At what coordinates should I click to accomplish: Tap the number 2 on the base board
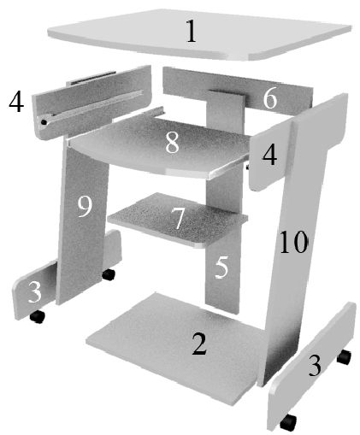click(198, 344)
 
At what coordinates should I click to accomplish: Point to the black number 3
click(316, 367)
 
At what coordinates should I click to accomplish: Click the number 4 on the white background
click(15, 103)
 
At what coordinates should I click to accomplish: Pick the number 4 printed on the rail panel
click(271, 157)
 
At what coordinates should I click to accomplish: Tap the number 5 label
click(221, 267)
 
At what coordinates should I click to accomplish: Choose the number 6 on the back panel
click(270, 99)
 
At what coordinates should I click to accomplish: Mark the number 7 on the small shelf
click(178, 219)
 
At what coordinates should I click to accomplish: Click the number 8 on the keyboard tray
click(172, 142)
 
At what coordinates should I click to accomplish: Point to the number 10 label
click(293, 244)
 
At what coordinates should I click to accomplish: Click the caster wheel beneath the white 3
click(37, 317)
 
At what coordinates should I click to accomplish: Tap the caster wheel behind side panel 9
click(109, 274)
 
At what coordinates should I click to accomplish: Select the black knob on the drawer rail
click(43, 122)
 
